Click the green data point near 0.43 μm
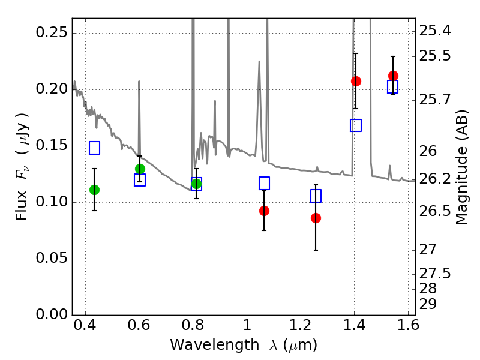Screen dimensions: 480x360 point(95,190)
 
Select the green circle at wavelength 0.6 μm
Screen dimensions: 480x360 point(140,169)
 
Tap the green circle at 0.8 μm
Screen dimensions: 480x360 point(197,184)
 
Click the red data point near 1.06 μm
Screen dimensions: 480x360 point(264,211)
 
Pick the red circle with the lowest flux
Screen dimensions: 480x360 point(316,218)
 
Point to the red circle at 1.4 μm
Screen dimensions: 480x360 point(356,81)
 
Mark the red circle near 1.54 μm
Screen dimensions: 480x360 point(394,76)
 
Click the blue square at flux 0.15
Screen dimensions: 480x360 point(95,148)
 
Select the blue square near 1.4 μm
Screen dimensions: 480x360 point(356,125)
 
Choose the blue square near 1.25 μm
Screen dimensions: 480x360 point(316,196)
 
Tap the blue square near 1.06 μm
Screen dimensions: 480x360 point(264,184)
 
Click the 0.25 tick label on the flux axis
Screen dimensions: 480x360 point(52,32)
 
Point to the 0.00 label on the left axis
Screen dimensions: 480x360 point(52,314)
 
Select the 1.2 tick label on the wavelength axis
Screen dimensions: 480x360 point(301,325)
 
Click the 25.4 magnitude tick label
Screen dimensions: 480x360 point(434,31)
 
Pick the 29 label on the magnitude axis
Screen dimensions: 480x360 point(428,304)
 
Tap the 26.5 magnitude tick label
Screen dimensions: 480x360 point(434,211)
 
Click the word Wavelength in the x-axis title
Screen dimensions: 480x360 point(215,345)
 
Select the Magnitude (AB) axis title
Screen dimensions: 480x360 point(462,167)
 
